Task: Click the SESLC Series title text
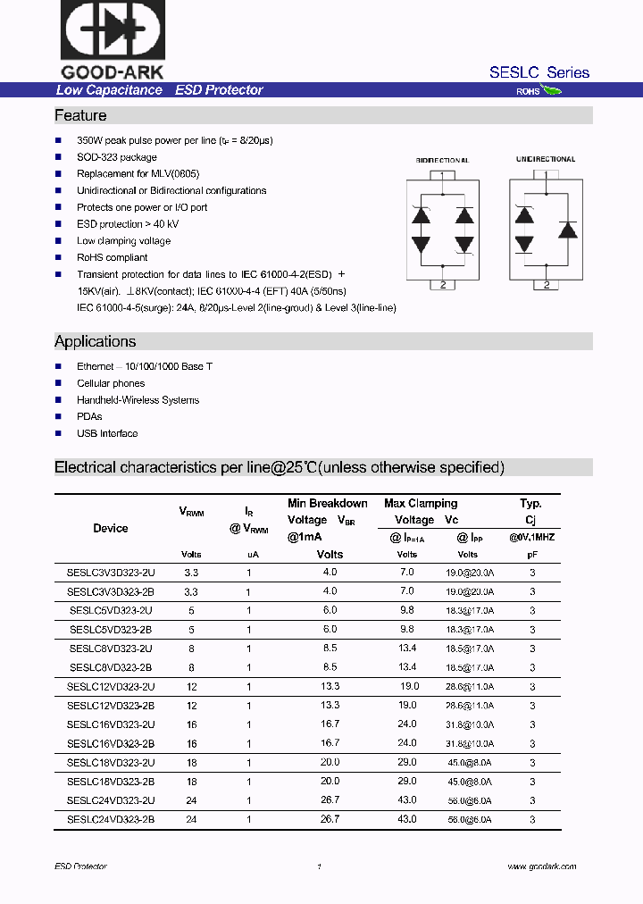point(539,72)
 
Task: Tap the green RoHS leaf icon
point(551,90)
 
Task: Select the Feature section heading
point(80,116)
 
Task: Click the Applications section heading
point(96,342)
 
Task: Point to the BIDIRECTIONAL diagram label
point(442,161)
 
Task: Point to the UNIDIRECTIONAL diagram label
point(546,160)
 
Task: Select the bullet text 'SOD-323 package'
point(116,157)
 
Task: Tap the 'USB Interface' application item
point(107,433)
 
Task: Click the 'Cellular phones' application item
point(111,383)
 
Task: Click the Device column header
point(111,529)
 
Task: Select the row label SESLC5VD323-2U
point(111,610)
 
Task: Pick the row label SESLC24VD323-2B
point(111,818)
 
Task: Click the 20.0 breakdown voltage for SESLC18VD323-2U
point(330,762)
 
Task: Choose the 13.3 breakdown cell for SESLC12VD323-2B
point(330,705)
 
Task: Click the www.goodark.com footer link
point(541,866)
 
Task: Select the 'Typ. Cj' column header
point(531,512)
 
